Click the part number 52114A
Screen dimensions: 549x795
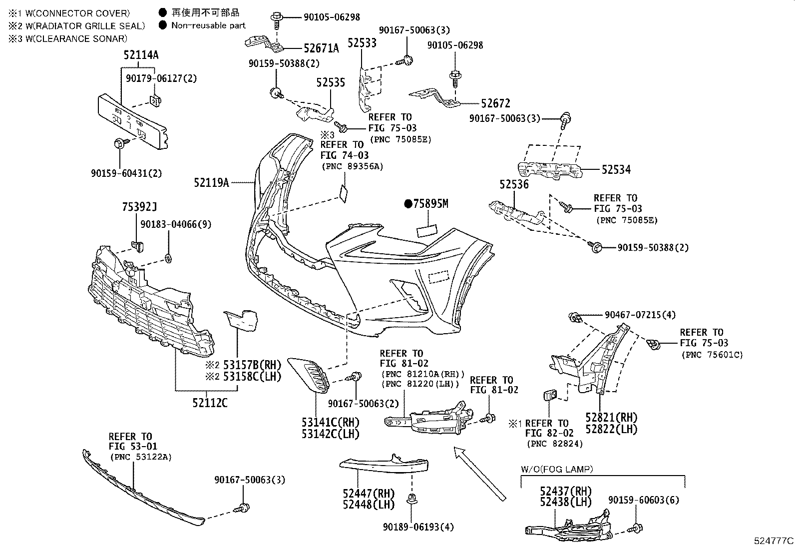(x=141, y=55)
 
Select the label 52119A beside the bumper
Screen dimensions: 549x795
(x=211, y=183)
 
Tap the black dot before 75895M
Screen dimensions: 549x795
(x=408, y=203)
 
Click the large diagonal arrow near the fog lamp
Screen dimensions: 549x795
(x=479, y=473)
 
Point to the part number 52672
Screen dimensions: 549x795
(x=495, y=104)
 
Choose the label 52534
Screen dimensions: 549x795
(x=616, y=170)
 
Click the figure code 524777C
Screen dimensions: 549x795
(x=773, y=541)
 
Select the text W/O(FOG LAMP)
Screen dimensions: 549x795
(x=557, y=469)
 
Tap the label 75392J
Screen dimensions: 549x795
(x=140, y=207)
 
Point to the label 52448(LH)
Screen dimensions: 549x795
(x=369, y=505)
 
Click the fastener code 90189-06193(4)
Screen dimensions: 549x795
(x=418, y=527)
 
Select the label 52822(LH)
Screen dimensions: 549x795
(x=611, y=429)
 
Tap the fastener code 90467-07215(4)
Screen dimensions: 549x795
(x=640, y=315)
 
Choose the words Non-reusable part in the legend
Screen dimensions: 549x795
(x=208, y=25)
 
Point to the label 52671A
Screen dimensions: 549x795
(x=321, y=48)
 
